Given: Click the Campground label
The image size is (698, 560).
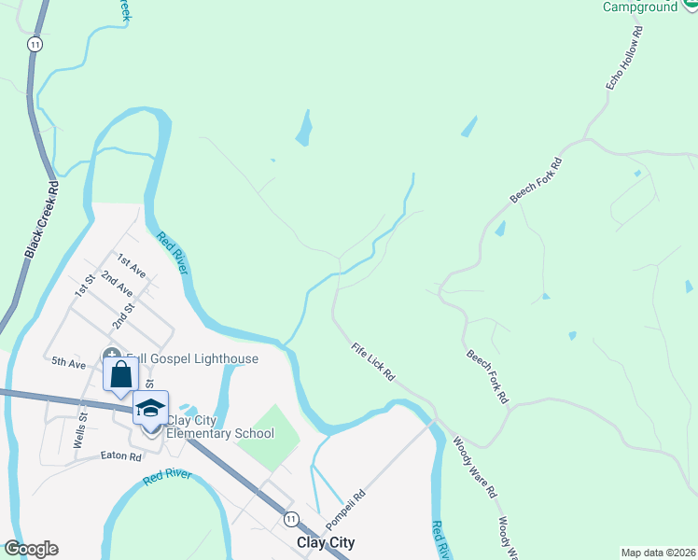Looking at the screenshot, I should point(639,7).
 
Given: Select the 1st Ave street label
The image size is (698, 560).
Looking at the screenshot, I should point(131,265).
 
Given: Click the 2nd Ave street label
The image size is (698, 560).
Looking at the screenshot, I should point(117,283).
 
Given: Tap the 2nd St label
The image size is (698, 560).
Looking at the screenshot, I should point(124,312).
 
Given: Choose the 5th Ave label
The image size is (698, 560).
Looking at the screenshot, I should point(68,361).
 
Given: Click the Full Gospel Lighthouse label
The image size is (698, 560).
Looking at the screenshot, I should point(199,358).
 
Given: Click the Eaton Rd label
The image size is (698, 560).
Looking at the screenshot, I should point(121,457).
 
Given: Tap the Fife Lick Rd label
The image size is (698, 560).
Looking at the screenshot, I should point(373,362).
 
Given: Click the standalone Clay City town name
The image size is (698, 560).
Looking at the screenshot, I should point(325,542).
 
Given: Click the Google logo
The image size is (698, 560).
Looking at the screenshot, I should point(31,549).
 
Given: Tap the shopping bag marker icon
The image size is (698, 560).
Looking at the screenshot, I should point(121,376).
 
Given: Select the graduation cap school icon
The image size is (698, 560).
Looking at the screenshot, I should point(150,407).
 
